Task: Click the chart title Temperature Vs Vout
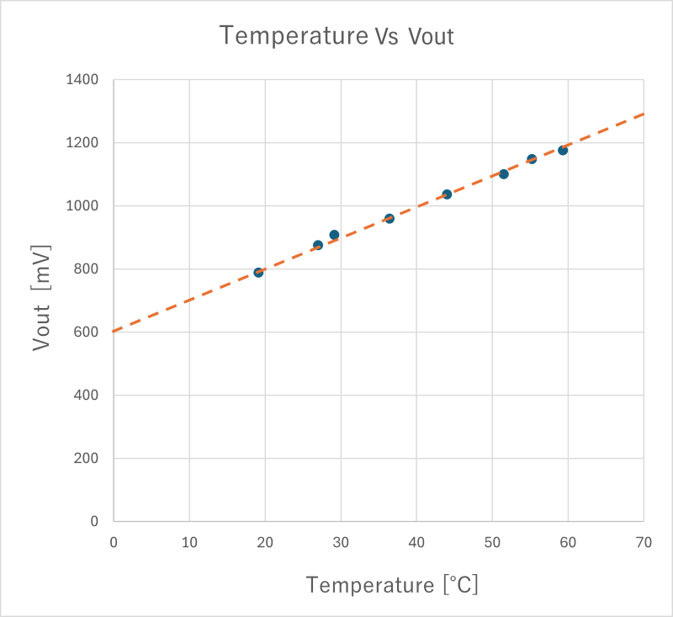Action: [x=336, y=35]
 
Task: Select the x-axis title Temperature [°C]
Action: [x=392, y=584]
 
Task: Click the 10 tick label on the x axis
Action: [x=189, y=543]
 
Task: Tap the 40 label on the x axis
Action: [x=416, y=543]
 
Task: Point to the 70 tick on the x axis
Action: [x=644, y=543]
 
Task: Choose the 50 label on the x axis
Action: [x=492, y=543]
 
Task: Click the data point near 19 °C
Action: [x=258, y=272]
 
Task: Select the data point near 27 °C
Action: [x=318, y=245]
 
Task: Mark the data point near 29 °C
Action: [x=334, y=235]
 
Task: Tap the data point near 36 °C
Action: [x=389, y=218]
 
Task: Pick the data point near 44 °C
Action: [x=447, y=194]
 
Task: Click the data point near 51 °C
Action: [x=503, y=173]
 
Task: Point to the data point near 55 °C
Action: [x=532, y=158]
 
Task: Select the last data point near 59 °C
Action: [x=563, y=150]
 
